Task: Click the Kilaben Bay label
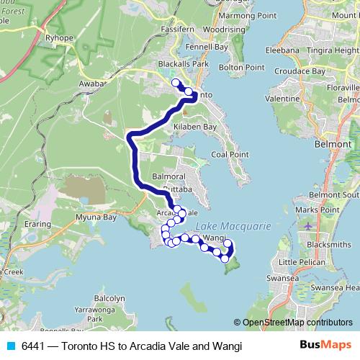195,127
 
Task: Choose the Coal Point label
229,154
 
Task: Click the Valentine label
282,98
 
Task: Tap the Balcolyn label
109,297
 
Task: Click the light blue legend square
10,346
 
